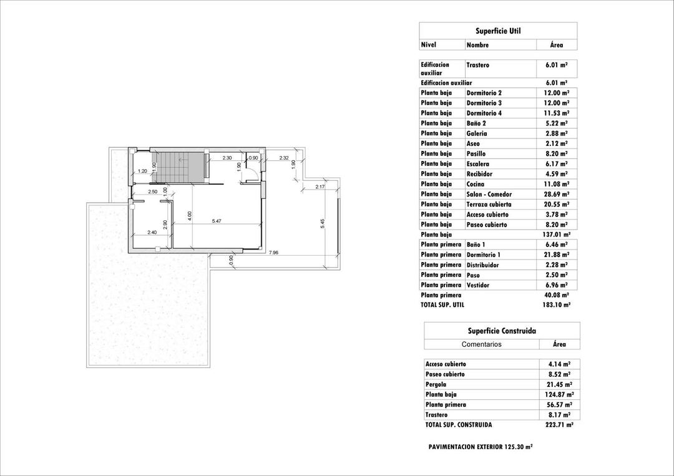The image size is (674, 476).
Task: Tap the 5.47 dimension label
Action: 217,221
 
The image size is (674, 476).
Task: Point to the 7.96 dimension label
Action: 274,253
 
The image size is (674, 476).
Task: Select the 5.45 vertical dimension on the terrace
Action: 323,223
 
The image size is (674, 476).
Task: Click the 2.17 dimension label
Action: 320,187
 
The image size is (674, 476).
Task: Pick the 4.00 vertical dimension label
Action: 190,215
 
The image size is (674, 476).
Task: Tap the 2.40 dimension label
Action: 152,232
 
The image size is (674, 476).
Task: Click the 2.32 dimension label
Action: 284,158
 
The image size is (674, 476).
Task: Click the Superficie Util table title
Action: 497,31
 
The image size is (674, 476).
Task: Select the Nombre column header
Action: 477,45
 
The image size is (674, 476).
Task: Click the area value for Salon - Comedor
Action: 556,194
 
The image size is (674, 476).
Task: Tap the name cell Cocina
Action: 476,184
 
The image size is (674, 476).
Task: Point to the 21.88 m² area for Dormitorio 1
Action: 556,255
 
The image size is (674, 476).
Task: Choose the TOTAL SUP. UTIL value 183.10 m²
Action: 557,305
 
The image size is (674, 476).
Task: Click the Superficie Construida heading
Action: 501,331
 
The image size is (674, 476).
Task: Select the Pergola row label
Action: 436,384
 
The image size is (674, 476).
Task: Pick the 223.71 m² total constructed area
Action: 559,425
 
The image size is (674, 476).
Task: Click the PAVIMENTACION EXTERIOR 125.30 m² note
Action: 480,447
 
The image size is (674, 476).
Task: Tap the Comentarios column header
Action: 481,344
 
